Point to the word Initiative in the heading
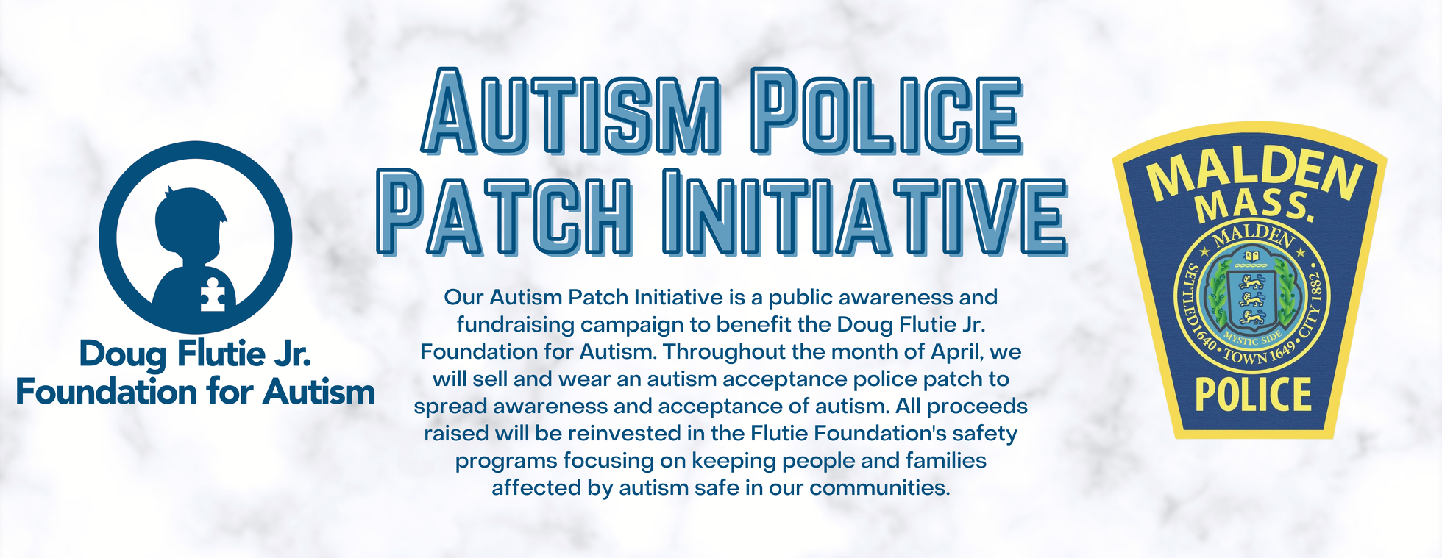click(865, 212)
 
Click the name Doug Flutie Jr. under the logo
click(195, 354)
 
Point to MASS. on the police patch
click(1255, 207)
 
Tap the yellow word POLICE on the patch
click(1254, 395)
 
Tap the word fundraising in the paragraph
click(515, 325)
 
